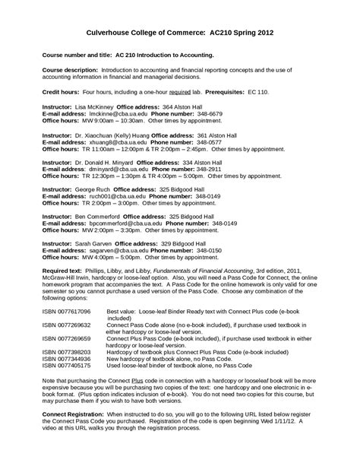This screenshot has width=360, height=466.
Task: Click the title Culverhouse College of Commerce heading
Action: [x=180, y=33]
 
